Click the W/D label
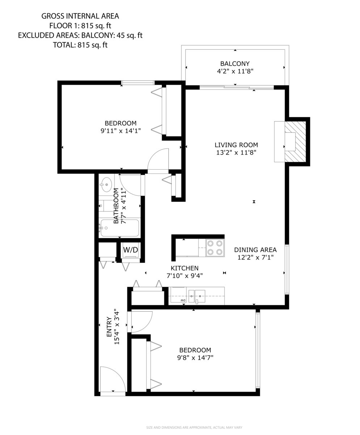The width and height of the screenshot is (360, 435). click(130, 250)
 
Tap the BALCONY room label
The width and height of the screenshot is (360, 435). click(235, 63)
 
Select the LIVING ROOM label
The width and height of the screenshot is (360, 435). click(236, 145)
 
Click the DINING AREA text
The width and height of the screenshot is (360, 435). click(255, 250)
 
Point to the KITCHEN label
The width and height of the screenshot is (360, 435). click(184, 268)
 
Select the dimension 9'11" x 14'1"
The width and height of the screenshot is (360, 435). click(121, 131)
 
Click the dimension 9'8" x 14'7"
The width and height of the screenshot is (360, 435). click(195, 358)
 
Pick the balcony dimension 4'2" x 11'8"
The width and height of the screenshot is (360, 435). click(235, 71)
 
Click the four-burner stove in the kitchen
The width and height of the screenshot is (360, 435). click(215, 248)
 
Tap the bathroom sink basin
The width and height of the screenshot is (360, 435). click(106, 185)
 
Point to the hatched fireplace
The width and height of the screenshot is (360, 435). click(296, 141)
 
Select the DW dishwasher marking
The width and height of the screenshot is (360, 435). click(183, 301)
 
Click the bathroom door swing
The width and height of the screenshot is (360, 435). click(131, 184)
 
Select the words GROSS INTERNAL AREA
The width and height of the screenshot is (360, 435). click(80, 16)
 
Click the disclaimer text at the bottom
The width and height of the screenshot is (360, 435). click(194, 428)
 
